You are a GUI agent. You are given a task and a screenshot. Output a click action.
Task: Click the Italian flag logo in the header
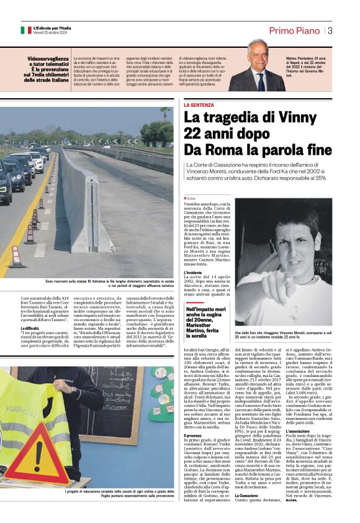25,30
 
